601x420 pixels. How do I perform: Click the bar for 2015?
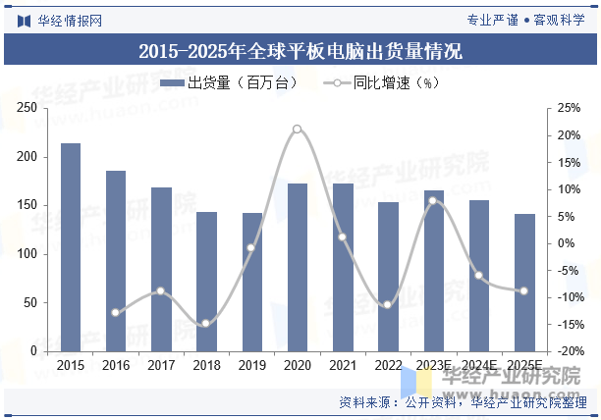[71, 247]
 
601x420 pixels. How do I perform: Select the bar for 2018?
[206, 282]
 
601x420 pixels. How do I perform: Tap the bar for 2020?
[297, 267]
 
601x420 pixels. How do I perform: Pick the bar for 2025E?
[524, 283]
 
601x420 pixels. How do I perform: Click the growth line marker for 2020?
[297, 129]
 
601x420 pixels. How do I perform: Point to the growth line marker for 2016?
[115, 312]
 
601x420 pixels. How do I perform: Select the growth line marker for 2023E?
[433, 201]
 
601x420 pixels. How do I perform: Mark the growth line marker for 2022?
[388, 304]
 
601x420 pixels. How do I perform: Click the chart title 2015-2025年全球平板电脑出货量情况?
[300, 51]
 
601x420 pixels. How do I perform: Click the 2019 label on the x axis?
[251, 366]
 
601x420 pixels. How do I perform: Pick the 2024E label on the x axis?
[478, 366]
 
